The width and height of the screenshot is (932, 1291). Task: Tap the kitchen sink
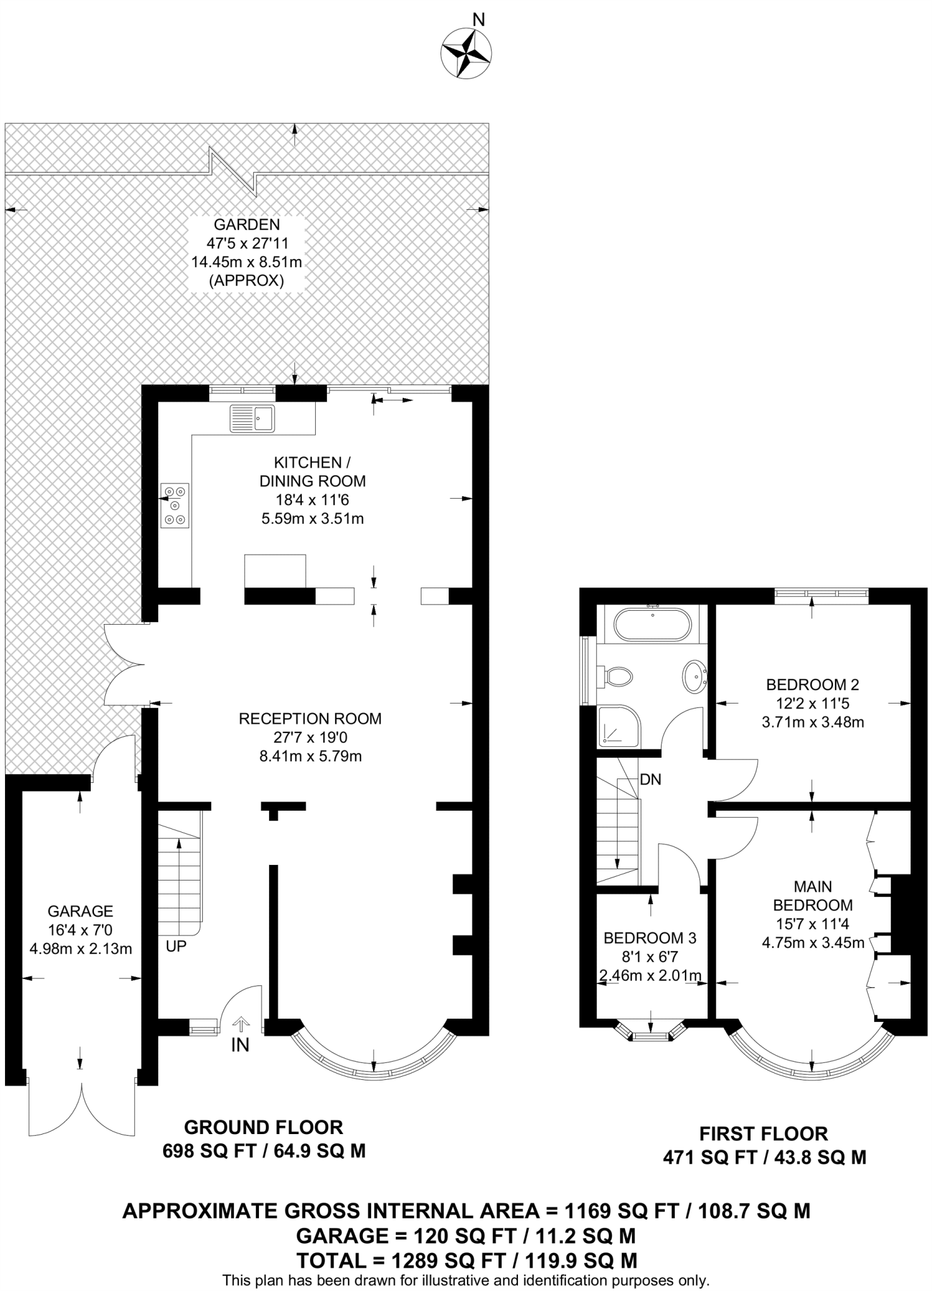[252, 418]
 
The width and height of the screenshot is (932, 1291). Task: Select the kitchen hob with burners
[175, 505]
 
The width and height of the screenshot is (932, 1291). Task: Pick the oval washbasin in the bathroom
[694, 677]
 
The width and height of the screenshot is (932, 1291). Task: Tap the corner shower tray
[618, 727]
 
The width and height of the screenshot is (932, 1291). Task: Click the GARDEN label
[247, 224]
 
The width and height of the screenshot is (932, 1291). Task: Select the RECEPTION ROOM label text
[310, 719]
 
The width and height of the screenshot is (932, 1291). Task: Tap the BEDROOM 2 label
[812, 684]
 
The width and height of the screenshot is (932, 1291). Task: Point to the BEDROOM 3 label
[650, 938]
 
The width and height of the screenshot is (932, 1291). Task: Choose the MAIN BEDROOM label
[812, 896]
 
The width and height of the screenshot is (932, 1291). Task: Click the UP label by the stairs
[176, 946]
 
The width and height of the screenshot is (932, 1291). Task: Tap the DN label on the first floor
[650, 779]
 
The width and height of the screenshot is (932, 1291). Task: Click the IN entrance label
[240, 1045]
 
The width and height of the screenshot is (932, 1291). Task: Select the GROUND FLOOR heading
[263, 1126]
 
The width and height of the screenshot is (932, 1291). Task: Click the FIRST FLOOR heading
[764, 1133]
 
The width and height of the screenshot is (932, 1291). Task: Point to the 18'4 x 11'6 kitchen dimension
[313, 501]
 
